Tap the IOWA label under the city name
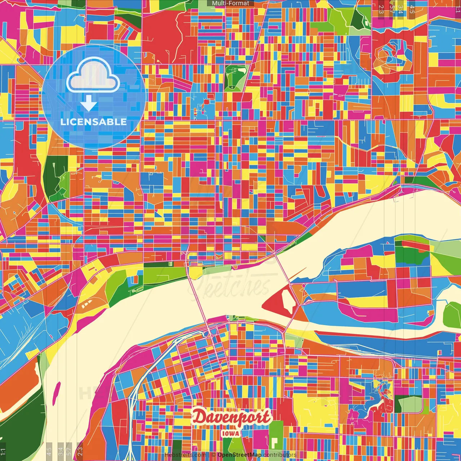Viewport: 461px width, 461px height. [230, 433]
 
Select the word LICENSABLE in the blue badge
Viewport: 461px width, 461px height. [93, 122]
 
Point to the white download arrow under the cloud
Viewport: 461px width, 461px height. [89, 103]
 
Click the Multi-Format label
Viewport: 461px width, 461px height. [230, 3]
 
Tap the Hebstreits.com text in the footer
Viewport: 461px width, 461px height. [185, 455]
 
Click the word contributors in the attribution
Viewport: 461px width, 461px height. [280, 455]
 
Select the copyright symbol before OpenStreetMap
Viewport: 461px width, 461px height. [213, 455]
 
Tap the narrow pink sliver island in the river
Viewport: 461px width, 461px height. [57, 393]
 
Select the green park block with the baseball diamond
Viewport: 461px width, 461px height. [234, 77]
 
